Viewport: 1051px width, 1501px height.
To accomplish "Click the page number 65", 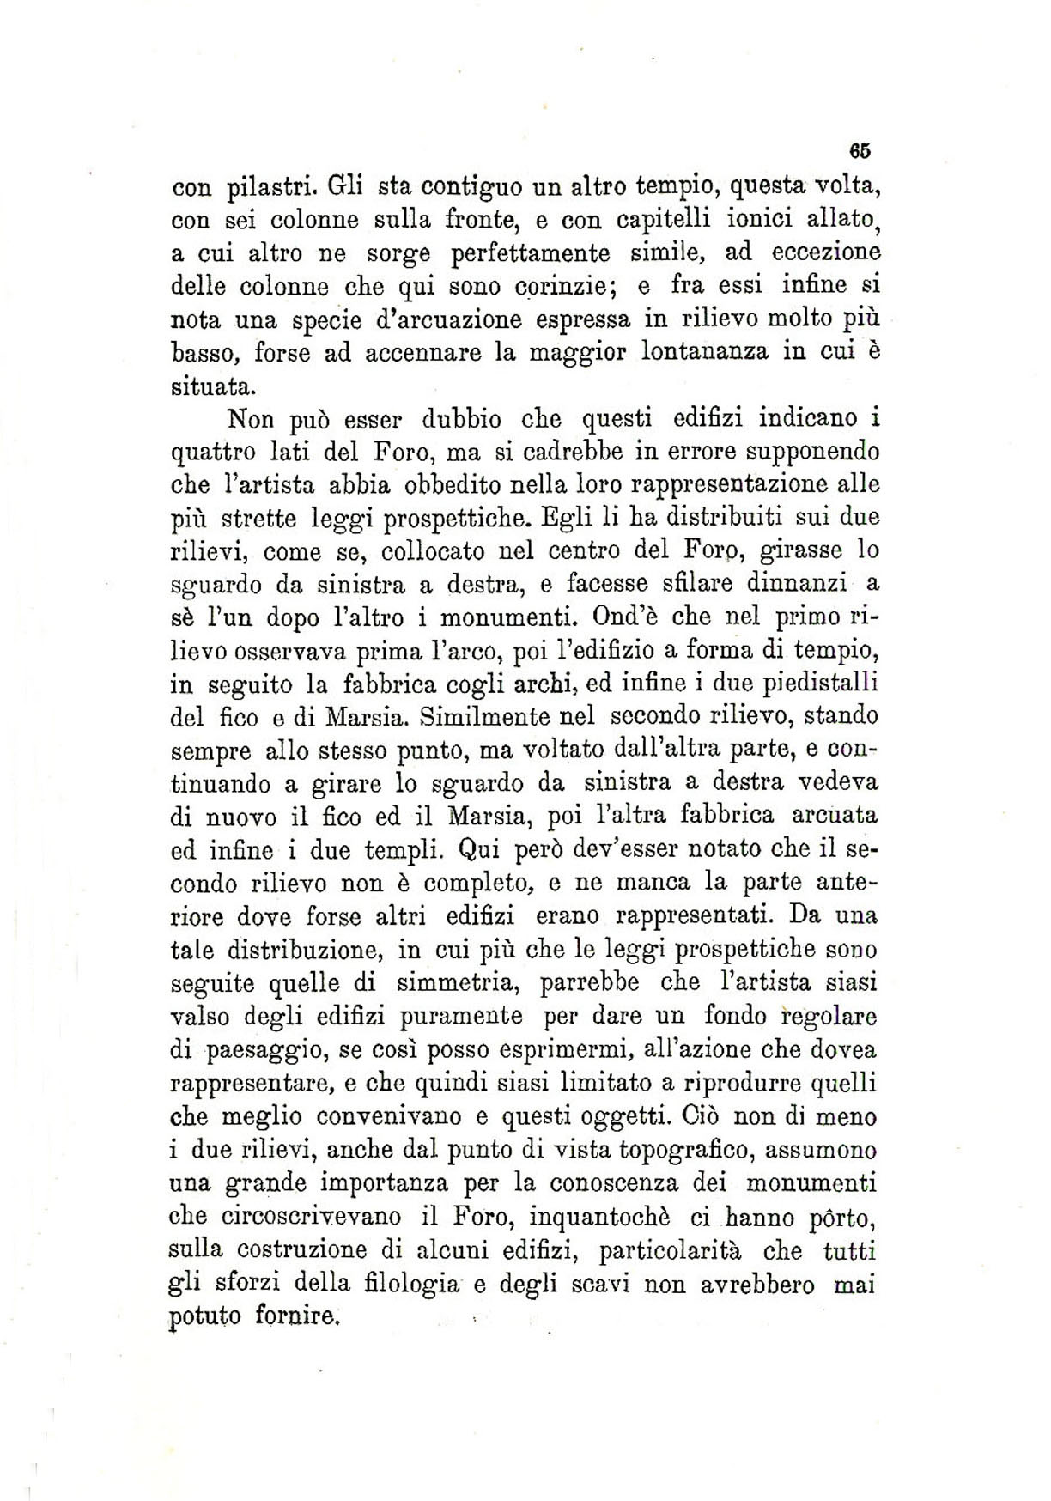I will click(x=860, y=149).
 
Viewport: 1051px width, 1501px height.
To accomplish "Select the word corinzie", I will click(x=553, y=287).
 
